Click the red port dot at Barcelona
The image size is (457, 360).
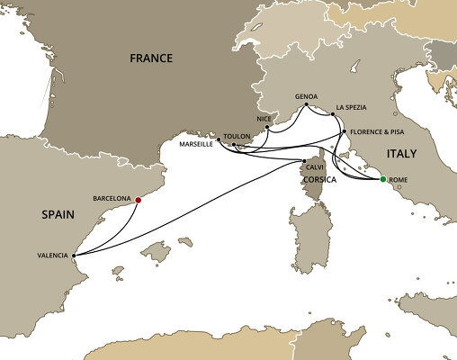point(138,200)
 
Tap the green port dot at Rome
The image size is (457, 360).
point(383,180)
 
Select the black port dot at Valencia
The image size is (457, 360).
point(73,254)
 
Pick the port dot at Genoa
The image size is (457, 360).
point(305,107)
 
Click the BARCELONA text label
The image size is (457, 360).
point(112,197)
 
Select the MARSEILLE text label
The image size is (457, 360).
point(197,143)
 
